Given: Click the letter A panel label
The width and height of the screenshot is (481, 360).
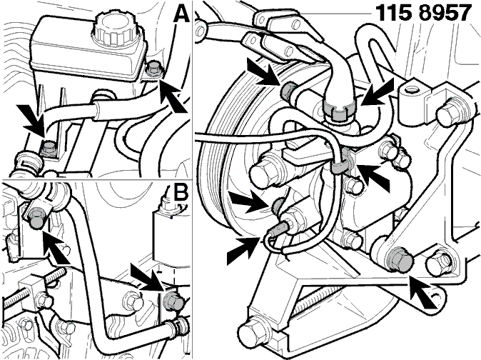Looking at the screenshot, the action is [181, 14].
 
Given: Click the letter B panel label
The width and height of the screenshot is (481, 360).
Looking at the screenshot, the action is [180, 194].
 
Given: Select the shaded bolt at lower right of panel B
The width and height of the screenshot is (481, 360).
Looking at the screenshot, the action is [173, 302].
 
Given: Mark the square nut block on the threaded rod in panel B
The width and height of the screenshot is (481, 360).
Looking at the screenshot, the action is [31, 291].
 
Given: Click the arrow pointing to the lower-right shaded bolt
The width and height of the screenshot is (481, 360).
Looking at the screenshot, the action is [423, 291].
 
